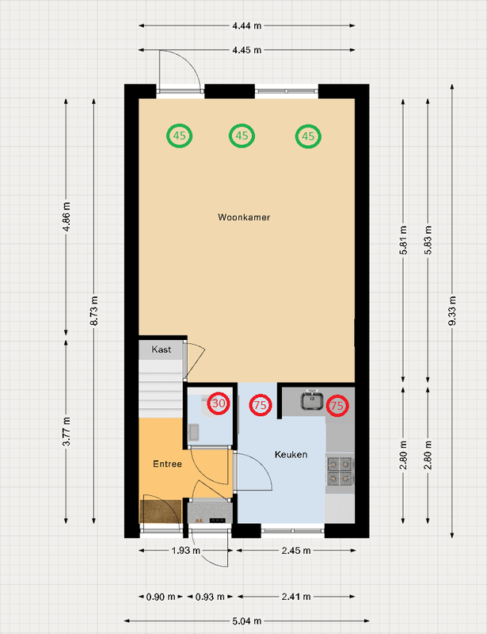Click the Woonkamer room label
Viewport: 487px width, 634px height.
point(244,217)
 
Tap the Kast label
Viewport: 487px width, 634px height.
point(162,349)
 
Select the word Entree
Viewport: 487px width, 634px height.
point(167,464)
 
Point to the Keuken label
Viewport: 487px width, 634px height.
point(291,454)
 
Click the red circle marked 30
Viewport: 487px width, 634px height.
point(219,403)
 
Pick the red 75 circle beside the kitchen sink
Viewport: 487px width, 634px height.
point(337,406)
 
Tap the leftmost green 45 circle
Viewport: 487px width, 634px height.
point(180,136)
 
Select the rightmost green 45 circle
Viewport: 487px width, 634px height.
point(308,136)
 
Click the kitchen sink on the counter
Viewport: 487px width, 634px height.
point(311,400)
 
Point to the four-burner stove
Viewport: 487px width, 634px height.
point(340,471)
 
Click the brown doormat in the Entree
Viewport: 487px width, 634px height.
point(161,511)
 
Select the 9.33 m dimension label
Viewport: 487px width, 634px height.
point(452,311)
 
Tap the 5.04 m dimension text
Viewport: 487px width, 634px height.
point(246,621)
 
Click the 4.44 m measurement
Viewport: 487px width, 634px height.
point(246,26)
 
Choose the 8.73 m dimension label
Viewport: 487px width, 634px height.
point(93,311)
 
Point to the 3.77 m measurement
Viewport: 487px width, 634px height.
point(67,431)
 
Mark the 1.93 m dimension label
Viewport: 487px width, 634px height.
point(186,550)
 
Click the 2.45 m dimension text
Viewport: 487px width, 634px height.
point(296,550)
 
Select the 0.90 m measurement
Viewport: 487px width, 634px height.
point(161,597)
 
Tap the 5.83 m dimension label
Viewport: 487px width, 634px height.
point(428,240)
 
